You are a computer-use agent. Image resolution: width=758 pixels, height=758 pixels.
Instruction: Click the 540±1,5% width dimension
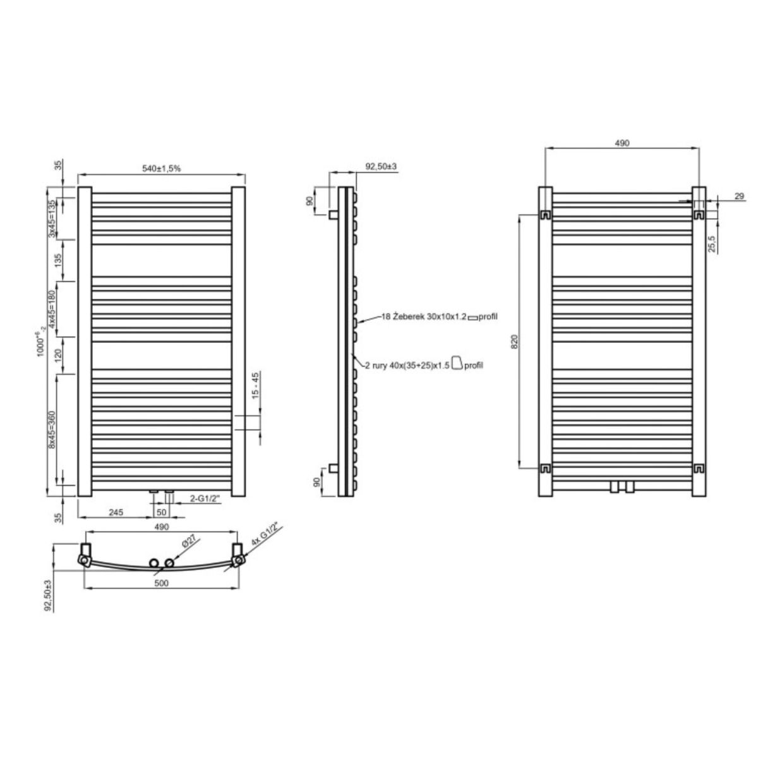161,169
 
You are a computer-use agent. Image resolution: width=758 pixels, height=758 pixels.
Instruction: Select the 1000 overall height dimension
40,344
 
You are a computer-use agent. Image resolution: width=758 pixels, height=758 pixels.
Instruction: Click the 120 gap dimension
58,356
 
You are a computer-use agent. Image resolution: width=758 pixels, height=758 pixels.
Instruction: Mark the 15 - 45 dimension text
255,386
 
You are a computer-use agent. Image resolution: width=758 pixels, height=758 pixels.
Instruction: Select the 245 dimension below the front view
116,512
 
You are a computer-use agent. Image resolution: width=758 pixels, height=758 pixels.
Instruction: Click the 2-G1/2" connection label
205,498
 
